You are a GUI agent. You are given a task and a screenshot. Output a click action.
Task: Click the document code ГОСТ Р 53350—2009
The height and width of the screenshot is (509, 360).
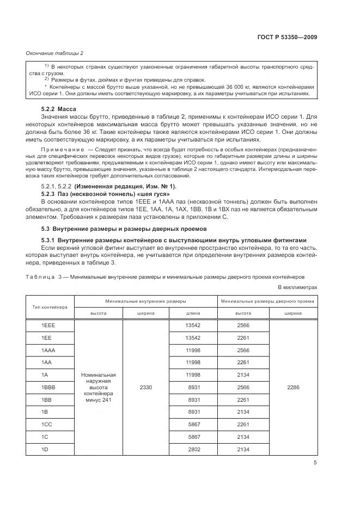(x=287, y=37)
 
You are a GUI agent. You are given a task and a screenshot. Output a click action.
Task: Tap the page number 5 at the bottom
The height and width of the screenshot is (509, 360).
(x=315, y=463)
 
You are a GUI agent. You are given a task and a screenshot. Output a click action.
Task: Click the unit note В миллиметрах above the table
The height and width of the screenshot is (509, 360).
(x=297, y=287)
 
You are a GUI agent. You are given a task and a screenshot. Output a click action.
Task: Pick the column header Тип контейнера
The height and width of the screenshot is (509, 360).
(x=50, y=307)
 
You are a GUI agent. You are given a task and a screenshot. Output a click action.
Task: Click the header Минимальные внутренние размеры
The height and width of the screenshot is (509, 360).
(x=146, y=301)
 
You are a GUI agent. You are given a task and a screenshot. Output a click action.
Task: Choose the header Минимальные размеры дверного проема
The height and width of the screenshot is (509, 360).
(x=267, y=301)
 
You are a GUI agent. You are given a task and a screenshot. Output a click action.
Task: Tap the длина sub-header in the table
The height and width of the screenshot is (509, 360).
(x=193, y=313)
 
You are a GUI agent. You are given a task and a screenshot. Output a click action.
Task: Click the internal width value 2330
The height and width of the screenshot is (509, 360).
(x=146, y=387)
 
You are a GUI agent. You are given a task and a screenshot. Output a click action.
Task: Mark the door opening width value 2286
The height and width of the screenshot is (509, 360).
(x=292, y=387)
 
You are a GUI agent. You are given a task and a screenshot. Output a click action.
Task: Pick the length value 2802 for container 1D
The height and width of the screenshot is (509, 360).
(x=193, y=449)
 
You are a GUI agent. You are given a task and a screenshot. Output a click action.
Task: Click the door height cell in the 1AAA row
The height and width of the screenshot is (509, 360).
(x=243, y=350)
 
